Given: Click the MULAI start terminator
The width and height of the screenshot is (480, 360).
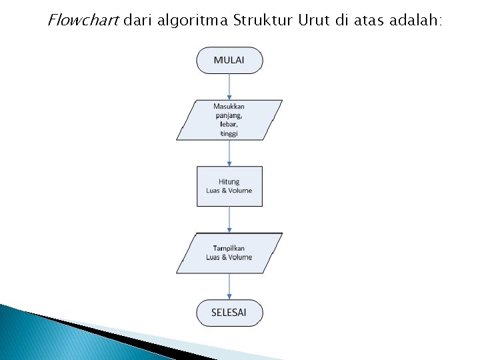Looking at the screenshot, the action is pos(229,60).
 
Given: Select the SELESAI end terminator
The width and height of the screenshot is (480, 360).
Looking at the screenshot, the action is pos(229,313).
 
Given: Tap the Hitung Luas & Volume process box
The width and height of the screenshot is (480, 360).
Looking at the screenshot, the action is pos(229,186).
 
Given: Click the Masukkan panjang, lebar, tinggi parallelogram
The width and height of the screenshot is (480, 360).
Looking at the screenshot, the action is pos(229,120).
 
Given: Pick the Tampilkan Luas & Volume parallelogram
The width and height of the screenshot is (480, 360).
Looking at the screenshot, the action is pos(229,253).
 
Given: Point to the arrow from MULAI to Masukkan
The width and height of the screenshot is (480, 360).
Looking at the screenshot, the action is pos(229,86).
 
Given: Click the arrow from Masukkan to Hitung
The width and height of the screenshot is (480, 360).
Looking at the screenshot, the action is pos(229,153).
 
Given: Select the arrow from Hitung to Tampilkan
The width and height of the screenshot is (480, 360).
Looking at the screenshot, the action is pos(229,219).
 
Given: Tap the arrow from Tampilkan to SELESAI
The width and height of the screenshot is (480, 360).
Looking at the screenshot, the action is pos(229,286).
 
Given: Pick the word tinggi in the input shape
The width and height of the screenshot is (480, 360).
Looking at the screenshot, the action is pos(229,134).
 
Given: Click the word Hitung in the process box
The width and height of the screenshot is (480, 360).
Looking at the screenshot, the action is pos(229,181).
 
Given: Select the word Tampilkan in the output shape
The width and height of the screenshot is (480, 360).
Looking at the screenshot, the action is pos(229,248).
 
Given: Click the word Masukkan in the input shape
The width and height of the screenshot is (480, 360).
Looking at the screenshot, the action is pos(229,107).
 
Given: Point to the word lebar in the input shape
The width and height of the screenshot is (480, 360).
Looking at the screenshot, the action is pos(229,125).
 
